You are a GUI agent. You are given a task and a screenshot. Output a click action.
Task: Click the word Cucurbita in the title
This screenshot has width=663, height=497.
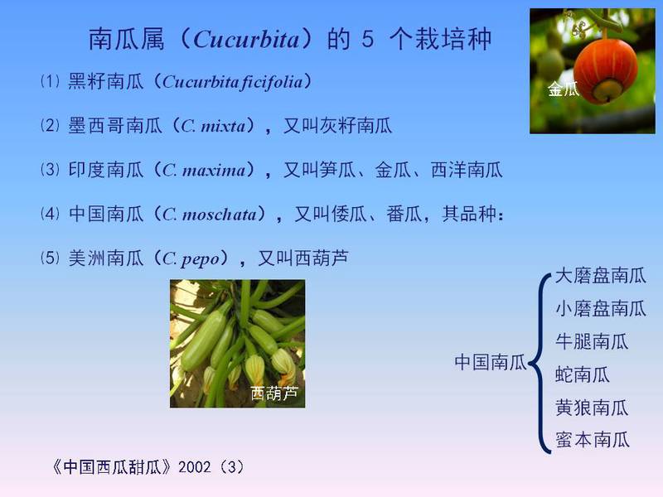(x=246, y=40)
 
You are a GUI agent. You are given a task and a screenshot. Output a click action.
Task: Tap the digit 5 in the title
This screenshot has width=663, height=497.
(x=367, y=39)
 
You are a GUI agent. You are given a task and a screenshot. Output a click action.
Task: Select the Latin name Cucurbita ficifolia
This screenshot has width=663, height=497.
(x=233, y=82)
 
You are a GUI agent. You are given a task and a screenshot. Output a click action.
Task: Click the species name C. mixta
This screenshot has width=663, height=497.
(x=213, y=126)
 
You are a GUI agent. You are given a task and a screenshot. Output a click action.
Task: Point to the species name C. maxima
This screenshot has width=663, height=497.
(x=204, y=170)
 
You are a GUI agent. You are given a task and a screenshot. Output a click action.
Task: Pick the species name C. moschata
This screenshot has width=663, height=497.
(x=210, y=215)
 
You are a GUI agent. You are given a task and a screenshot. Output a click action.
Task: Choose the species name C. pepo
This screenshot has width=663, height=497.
(x=191, y=258)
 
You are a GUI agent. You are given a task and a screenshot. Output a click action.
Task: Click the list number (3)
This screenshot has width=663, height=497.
(x=50, y=170)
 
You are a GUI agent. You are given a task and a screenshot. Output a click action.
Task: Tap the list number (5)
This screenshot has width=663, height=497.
(x=50, y=258)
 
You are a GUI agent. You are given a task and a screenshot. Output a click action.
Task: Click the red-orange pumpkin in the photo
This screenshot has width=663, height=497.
(x=606, y=70)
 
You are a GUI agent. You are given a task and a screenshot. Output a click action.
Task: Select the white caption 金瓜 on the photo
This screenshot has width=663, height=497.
(x=563, y=89)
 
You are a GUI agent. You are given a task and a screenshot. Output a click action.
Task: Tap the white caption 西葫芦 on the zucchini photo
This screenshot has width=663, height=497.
(x=274, y=393)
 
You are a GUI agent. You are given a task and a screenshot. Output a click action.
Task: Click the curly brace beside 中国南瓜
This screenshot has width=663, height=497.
(x=537, y=364)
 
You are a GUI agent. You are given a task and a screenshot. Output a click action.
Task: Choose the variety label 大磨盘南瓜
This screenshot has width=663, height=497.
(x=600, y=276)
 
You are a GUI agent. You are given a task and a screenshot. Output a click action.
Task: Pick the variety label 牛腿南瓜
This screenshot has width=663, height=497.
(x=592, y=342)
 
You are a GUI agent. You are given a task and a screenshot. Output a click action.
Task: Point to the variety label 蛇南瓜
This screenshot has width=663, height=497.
(x=583, y=375)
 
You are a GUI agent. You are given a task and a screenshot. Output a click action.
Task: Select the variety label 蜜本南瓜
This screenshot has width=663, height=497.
(x=592, y=440)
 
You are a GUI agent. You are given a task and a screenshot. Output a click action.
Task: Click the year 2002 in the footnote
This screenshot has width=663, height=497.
(x=195, y=467)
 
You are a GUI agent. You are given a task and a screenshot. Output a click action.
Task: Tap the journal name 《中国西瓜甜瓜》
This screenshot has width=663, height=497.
(x=112, y=467)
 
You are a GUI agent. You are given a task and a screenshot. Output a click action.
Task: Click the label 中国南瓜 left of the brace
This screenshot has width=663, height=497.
(x=490, y=363)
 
